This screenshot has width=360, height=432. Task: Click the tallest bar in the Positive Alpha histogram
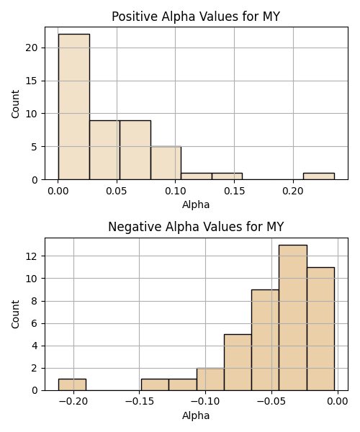(x=74, y=107)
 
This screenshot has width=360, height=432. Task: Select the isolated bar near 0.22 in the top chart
(x=319, y=176)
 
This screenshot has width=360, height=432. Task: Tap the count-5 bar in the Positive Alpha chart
(x=166, y=163)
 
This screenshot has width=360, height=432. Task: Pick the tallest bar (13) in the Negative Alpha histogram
(x=293, y=318)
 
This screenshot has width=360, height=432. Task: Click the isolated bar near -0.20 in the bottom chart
(x=72, y=384)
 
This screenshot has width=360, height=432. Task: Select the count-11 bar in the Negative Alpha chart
(x=320, y=329)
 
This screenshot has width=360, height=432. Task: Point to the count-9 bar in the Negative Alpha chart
(x=265, y=340)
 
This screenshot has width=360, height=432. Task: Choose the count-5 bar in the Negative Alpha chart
(x=238, y=362)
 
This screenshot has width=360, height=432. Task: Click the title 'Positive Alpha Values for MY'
(x=196, y=17)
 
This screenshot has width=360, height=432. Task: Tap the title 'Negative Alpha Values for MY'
(x=196, y=227)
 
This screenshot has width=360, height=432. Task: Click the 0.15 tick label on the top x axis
(x=234, y=191)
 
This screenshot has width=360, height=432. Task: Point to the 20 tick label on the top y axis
(x=31, y=48)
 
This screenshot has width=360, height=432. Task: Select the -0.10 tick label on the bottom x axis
(x=205, y=402)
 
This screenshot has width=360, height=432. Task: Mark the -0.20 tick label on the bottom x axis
(x=73, y=402)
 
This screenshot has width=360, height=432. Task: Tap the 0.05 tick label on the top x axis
(x=117, y=191)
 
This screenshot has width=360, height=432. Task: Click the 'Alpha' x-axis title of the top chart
(x=196, y=204)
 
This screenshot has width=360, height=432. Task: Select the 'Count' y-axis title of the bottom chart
(x=15, y=315)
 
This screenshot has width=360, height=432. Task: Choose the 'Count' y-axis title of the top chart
(x=15, y=104)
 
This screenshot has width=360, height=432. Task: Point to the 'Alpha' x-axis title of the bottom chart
(x=196, y=415)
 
